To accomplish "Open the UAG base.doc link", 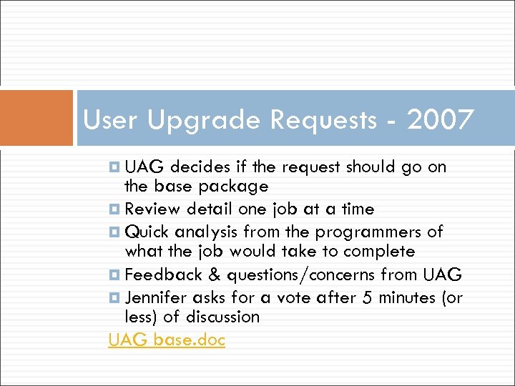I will [x=167, y=340].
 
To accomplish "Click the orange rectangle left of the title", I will [x=36, y=117].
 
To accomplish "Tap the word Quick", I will [x=147, y=232].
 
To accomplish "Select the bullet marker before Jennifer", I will [x=114, y=297].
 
